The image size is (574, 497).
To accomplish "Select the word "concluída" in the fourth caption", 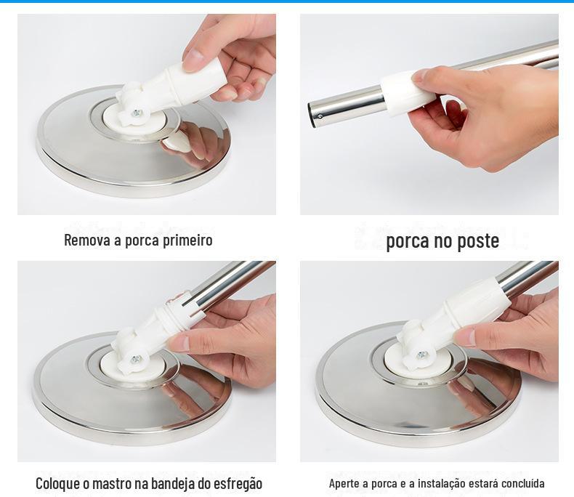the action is pyautogui.click(x=522, y=483).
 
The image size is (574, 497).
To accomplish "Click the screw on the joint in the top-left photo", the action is pyautogui.click(x=137, y=113).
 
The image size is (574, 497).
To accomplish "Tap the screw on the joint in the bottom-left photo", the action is pyautogui.click(x=135, y=360).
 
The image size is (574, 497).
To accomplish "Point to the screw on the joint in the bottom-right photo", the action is pyautogui.click(x=422, y=355).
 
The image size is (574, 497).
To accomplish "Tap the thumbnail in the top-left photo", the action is pyautogui.click(x=193, y=59).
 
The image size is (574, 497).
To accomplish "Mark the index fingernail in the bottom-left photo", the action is pyautogui.click(x=179, y=344).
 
